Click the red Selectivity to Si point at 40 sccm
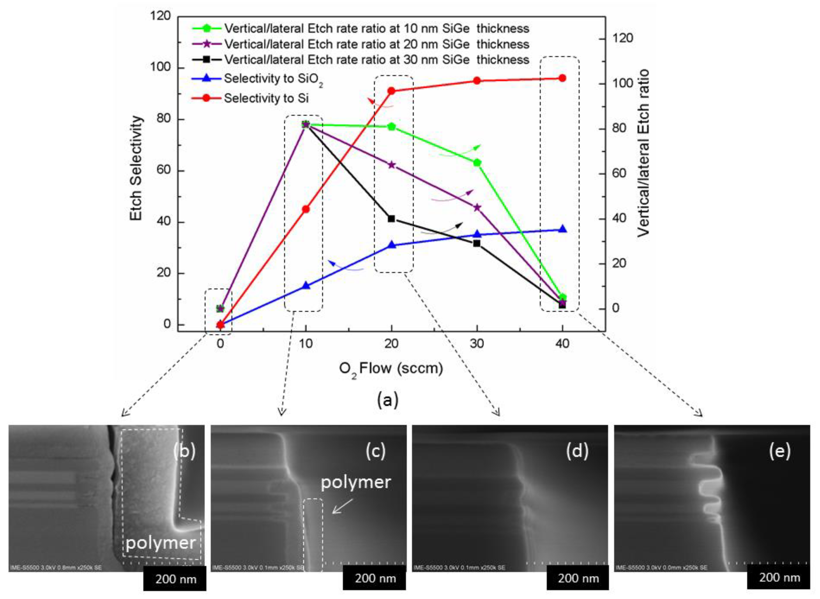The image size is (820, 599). (x=562, y=78)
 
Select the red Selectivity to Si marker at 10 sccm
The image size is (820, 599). (x=306, y=209)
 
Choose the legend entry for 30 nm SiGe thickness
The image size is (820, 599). (x=376, y=59)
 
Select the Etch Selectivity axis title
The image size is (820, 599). (x=136, y=168)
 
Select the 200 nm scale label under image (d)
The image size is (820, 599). (x=578, y=578)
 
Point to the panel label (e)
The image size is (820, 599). (x=779, y=451)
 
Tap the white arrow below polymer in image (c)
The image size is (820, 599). (x=342, y=506)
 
